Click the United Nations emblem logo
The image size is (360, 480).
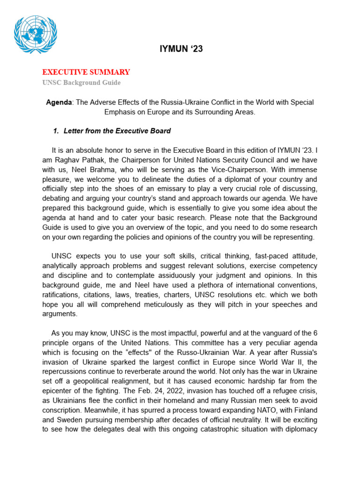click(36, 35)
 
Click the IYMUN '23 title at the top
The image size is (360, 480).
click(180, 49)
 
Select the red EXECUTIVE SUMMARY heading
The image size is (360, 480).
click(86, 72)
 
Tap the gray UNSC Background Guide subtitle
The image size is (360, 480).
click(81, 82)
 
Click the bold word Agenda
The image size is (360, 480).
click(59, 102)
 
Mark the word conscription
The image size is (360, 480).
click(63, 410)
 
